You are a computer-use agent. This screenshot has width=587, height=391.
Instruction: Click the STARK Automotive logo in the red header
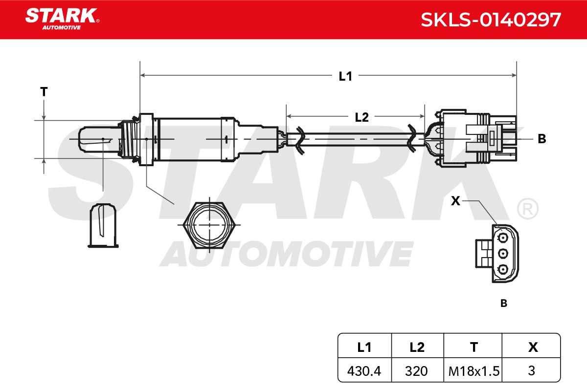tap(62, 19)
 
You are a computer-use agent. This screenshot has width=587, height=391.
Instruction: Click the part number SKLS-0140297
tap(491, 20)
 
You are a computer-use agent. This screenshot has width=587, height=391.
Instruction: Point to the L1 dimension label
tap(345, 76)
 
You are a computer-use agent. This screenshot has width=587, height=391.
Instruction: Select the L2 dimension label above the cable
tap(361, 117)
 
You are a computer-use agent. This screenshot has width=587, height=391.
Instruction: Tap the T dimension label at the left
tap(44, 92)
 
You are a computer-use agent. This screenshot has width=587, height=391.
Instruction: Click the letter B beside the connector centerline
tap(542, 139)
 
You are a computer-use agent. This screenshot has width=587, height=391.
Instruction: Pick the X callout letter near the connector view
tap(455, 201)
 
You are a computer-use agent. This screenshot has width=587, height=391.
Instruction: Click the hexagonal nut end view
tap(209, 225)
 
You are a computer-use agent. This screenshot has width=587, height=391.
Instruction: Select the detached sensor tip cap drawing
tap(103, 225)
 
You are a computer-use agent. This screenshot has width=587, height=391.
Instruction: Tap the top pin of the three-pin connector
tap(503, 238)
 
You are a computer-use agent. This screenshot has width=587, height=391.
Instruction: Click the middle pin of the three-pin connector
tap(503, 254)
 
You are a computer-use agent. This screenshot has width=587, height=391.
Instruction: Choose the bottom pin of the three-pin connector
tap(503, 269)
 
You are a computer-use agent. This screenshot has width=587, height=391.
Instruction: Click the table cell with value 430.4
tap(364, 371)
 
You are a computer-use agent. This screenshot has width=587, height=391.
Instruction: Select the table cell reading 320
tap(416, 371)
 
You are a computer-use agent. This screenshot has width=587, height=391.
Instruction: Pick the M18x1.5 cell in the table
tap(474, 371)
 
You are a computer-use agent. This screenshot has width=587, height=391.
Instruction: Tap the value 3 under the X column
tap(531, 370)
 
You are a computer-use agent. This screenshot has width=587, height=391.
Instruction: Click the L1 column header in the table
tap(364, 348)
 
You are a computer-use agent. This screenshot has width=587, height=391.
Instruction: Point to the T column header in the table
tap(474, 348)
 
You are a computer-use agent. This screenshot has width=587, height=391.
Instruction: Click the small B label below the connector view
tap(504, 303)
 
